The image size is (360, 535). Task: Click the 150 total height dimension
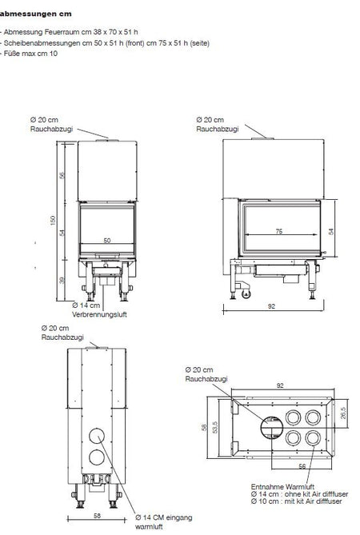point(53,221)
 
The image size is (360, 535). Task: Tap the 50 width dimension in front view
point(107,241)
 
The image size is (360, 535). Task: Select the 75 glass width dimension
point(279,231)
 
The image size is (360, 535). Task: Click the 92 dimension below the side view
point(271,306)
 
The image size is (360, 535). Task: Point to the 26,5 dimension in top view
point(343,413)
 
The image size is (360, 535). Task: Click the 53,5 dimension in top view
point(214,427)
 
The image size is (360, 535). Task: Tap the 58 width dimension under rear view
point(98,516)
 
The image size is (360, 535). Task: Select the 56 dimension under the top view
point(302,466)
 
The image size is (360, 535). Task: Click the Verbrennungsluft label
point(99,314)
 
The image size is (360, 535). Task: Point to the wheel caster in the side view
point(246,293)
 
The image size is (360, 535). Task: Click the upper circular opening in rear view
point(97,435)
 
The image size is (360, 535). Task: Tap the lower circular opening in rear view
point(97,457)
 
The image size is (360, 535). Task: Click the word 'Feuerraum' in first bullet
point(61,32)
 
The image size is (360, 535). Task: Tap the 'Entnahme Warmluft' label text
point(282,486)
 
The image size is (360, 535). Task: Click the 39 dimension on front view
point(62,280)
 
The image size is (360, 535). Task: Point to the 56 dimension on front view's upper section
point(62,175)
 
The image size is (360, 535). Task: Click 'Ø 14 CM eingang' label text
point(164,517)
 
